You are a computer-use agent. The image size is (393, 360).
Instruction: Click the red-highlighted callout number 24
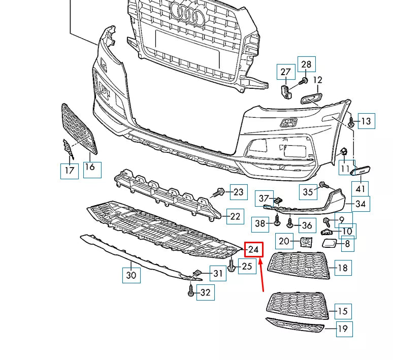click(x=254, y=250)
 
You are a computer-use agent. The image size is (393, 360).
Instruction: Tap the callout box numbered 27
click(x=285, y=72)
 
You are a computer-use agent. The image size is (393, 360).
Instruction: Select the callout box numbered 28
click(x=306, y=64)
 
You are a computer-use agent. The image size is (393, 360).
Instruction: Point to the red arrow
click(x=261, y=275)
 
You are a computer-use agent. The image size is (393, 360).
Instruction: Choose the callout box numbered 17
click(x=70, y=170)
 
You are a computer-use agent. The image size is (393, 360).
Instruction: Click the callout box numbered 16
click(x=90, y=167)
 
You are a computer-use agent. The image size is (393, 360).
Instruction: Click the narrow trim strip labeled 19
click(x=294, y=325)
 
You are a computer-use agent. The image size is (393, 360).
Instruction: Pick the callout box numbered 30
click(x=131, y=275)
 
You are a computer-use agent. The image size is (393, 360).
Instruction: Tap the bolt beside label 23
click(x=220, y=192)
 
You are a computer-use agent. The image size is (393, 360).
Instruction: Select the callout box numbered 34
click(x=361, y=204)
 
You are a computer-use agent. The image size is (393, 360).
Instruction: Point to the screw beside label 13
click(x=351, y=121)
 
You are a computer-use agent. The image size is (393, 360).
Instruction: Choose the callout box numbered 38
click(x=260, y=223)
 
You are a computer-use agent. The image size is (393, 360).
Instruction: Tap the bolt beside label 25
click(x=232, y=266)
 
